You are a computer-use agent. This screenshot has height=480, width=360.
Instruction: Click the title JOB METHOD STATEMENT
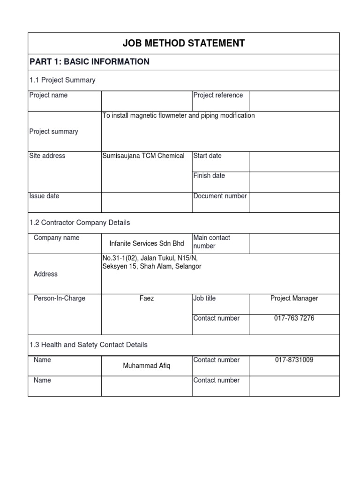pos(184,44)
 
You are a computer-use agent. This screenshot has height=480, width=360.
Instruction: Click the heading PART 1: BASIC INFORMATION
pos(90,62)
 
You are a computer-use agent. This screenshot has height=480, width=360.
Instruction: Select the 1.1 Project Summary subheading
pos(62,80)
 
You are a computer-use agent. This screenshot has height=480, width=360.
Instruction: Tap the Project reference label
pos(218,95)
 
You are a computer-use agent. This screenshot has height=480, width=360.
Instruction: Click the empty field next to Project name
pos(147,101)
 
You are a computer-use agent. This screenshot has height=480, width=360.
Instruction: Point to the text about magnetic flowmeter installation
pos(179,116)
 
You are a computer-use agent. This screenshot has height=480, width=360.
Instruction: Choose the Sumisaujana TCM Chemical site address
pos(143,156)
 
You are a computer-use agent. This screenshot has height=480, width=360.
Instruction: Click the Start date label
pos(208,156)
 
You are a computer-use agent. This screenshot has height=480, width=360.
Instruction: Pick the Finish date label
pos(209,176)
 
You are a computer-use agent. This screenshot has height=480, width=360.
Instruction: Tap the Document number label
pos(220,196)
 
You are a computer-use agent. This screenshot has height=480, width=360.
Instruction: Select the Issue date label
pos(45,196)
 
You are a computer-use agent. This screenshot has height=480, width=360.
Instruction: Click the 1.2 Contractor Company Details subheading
pos(80,223)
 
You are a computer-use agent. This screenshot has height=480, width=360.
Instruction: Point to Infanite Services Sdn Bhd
pos(147,244)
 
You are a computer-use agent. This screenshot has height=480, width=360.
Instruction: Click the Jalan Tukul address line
pos(153,258)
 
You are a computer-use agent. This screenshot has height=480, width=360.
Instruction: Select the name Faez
pos(147,298)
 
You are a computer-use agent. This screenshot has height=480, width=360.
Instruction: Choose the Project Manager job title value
pos(294,298)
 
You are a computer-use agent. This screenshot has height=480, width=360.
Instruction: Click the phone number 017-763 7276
pos(294,318)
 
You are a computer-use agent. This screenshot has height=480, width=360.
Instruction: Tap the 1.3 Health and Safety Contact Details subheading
pos(89,345)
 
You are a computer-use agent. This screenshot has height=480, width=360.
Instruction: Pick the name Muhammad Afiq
pos(147,366)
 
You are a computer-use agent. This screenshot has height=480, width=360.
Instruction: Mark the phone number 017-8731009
pos(294,360)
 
